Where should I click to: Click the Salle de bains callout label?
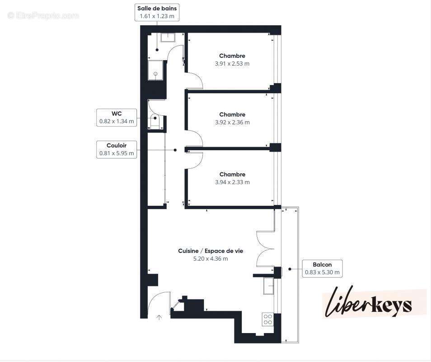click(x=157, y=12)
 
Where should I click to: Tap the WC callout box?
click(x=117, y=117)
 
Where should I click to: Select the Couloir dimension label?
click(x=117, y=149)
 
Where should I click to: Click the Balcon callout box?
click(x=322, y=268)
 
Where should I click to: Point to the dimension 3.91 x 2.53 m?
click(x=232, y=64)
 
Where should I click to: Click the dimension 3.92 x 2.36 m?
click(x=232, y=122)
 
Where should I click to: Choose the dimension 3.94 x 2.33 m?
click(x=232, y=182)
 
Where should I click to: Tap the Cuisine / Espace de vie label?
click(x=211, y=251)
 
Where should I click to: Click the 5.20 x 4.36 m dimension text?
click(x=211, y=259)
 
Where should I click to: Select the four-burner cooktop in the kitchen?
click(x=267, y=319)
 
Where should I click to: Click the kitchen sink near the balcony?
click(x=269, y=286)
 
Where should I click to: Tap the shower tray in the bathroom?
click(x=156, y=70)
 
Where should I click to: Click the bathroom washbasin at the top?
click(x=169, y=37)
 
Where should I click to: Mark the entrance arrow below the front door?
click(x=159, y=318)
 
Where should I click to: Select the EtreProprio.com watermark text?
click(x=43, y=16)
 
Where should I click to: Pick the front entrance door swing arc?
click(x=157, y=302)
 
